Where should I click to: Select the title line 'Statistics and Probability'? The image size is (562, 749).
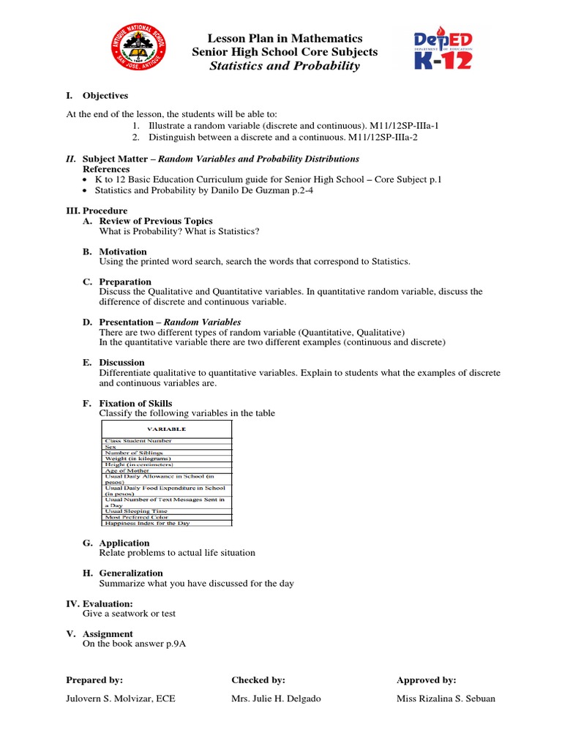(285, 67)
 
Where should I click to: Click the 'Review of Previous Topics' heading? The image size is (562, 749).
(156, 221)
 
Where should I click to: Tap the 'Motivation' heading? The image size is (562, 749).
(123, 252)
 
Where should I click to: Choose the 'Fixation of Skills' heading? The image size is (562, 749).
(135, 403)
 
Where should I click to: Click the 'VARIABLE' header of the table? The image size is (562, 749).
(167, 429)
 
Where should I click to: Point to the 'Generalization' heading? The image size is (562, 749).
(131, 573)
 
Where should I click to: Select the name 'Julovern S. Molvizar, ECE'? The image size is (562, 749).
(121, 699)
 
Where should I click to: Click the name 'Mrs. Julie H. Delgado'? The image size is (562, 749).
(276, 699)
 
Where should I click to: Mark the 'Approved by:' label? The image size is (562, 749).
(426, 680)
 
